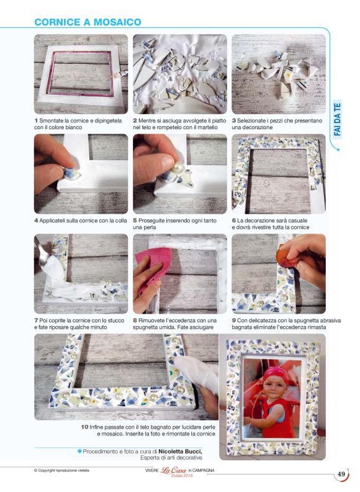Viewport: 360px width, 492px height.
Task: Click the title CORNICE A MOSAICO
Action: [88, 22]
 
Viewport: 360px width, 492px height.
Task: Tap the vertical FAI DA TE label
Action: [338, 119]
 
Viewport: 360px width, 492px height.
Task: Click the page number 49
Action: [341, 474]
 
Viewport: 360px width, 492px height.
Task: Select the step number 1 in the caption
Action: [36, 121]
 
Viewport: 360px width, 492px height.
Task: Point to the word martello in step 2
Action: [207, 127]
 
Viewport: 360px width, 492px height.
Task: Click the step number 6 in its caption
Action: [233, 221]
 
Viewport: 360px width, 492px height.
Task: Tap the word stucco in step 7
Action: [116, 321]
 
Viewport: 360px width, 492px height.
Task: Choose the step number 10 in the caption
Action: [84, 427]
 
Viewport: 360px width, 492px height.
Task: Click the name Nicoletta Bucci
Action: [181, 451]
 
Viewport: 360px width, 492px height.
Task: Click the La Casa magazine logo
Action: [173, 470]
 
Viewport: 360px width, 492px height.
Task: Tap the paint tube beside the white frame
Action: [122, 75]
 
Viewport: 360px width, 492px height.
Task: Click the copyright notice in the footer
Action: [62, 470]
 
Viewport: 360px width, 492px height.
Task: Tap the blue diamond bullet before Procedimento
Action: [79, 451]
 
